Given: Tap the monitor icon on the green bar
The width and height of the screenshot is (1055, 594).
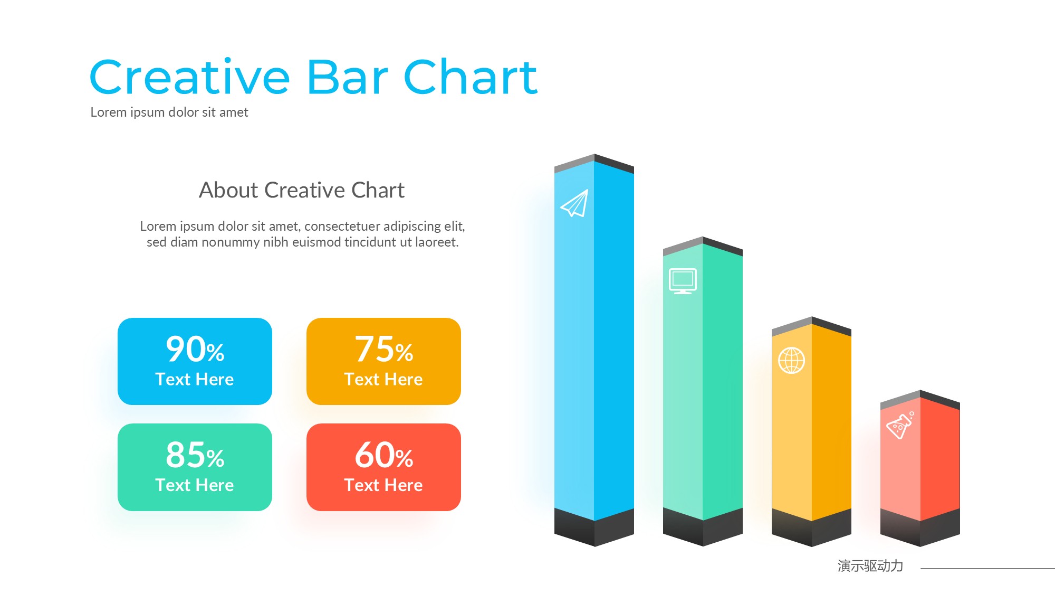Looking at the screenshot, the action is [x=683, y=281].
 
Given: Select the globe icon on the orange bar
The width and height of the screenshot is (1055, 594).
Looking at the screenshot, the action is [x=791, y=360].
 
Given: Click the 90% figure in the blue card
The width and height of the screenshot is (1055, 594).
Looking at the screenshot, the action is [x=195, y=349].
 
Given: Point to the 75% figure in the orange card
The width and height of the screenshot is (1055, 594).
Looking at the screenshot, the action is [x=384, y=349].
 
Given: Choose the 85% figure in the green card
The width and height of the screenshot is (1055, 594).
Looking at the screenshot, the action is [x=195, y=455].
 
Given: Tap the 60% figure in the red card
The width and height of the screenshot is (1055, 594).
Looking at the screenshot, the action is [x=384, y=455].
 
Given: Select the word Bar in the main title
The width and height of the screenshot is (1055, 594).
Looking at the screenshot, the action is [x=348, y=77].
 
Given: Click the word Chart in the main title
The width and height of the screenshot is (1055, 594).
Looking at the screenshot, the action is [x=471, y=77].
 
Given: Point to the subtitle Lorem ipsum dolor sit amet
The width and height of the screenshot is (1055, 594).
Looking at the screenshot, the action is [x=169, y=112].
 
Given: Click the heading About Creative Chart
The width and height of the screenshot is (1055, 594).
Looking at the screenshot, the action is [x=302, y=190].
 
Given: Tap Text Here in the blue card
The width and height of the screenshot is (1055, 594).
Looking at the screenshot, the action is [x=195, y=379].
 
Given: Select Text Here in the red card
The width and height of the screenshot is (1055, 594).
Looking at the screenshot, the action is [x=383, y=485].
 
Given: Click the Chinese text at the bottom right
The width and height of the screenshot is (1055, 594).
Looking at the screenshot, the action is [x=870, y=566].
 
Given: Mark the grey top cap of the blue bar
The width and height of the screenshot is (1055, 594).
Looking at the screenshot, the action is [x=594, y=164].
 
